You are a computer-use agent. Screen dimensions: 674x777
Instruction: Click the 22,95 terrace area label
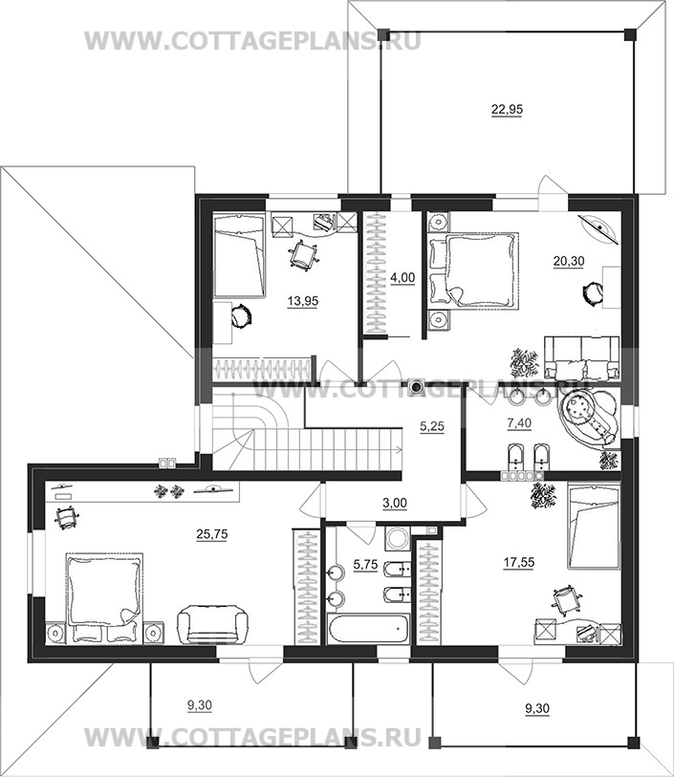(x=507, y=110)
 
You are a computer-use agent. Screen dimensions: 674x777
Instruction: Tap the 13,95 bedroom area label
(x=303, y=301)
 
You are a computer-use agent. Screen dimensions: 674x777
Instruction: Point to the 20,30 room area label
(x=569, y=261)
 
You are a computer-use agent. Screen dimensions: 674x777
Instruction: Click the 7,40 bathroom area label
(x=519, y=423)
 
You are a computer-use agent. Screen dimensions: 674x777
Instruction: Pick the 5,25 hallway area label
(x=432, y=426)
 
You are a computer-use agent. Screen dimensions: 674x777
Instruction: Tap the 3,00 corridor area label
(x=395, y=504)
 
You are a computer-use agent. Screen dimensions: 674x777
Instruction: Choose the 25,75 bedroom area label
(x=212, y=534)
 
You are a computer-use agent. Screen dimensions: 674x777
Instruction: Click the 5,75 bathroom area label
(x=365, y=565)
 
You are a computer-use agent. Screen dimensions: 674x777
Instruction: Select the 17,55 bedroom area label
(x=519, y=563)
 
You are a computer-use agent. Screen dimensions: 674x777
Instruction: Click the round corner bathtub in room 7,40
(x=589, y=421)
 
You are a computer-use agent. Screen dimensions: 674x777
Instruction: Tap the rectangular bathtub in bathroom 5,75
(x=369, y=628)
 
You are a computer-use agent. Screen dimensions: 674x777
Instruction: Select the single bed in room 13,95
(x=239, y=256)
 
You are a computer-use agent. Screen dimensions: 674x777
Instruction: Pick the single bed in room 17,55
(x=594, y=527)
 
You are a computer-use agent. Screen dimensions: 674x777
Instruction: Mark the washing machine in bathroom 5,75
(x=397, y=538)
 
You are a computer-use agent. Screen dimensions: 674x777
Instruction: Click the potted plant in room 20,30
(x=524, y=363)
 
